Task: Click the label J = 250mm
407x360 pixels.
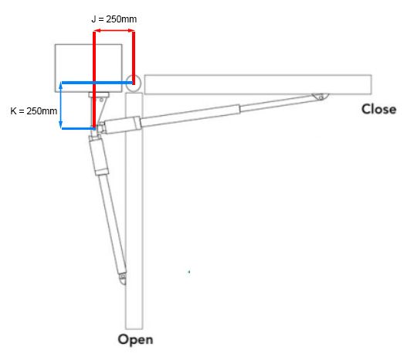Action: (114, 19)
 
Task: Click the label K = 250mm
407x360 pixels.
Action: (34, 110)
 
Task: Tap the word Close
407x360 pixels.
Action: (378, 109)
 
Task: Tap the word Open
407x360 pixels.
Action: (135, 339)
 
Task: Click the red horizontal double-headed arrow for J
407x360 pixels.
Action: (114, 31)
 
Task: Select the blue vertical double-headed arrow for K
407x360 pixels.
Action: (61, 105)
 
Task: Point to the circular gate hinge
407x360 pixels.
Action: (133, 83)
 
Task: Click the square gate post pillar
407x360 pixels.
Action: (88, 68)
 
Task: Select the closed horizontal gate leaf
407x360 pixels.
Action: (258, 84)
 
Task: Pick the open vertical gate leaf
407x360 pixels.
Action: (134, 211)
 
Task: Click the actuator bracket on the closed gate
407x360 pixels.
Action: (321, 97)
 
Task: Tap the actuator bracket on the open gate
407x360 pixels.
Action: (123, 278)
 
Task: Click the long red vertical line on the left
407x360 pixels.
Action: (94, 80)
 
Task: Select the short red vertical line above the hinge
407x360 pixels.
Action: (134, 58)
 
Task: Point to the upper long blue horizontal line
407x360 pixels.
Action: (97, 83)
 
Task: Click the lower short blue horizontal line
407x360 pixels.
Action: (78, 128)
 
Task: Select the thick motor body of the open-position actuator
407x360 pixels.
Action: (99, 155)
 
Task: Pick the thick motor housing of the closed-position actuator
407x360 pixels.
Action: (171, 119)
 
